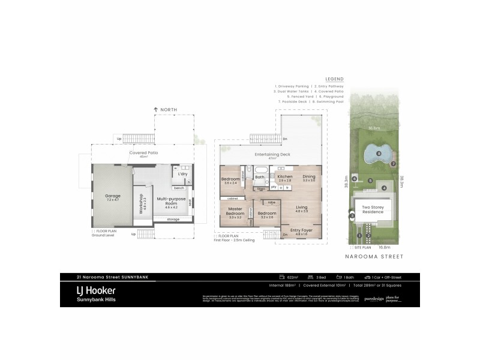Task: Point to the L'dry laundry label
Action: [x=182, y=174]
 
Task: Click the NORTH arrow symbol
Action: [x=156, y=110]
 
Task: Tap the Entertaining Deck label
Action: [x=272, y=154]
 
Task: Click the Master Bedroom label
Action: [x=235, y=211]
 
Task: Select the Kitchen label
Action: [x=285, y=176]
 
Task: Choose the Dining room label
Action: [x=309, y=176]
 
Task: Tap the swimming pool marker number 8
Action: [x=379, y=154]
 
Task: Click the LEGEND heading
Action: [x=334, y=79]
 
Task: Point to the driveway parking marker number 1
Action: [x=359, y=235]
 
